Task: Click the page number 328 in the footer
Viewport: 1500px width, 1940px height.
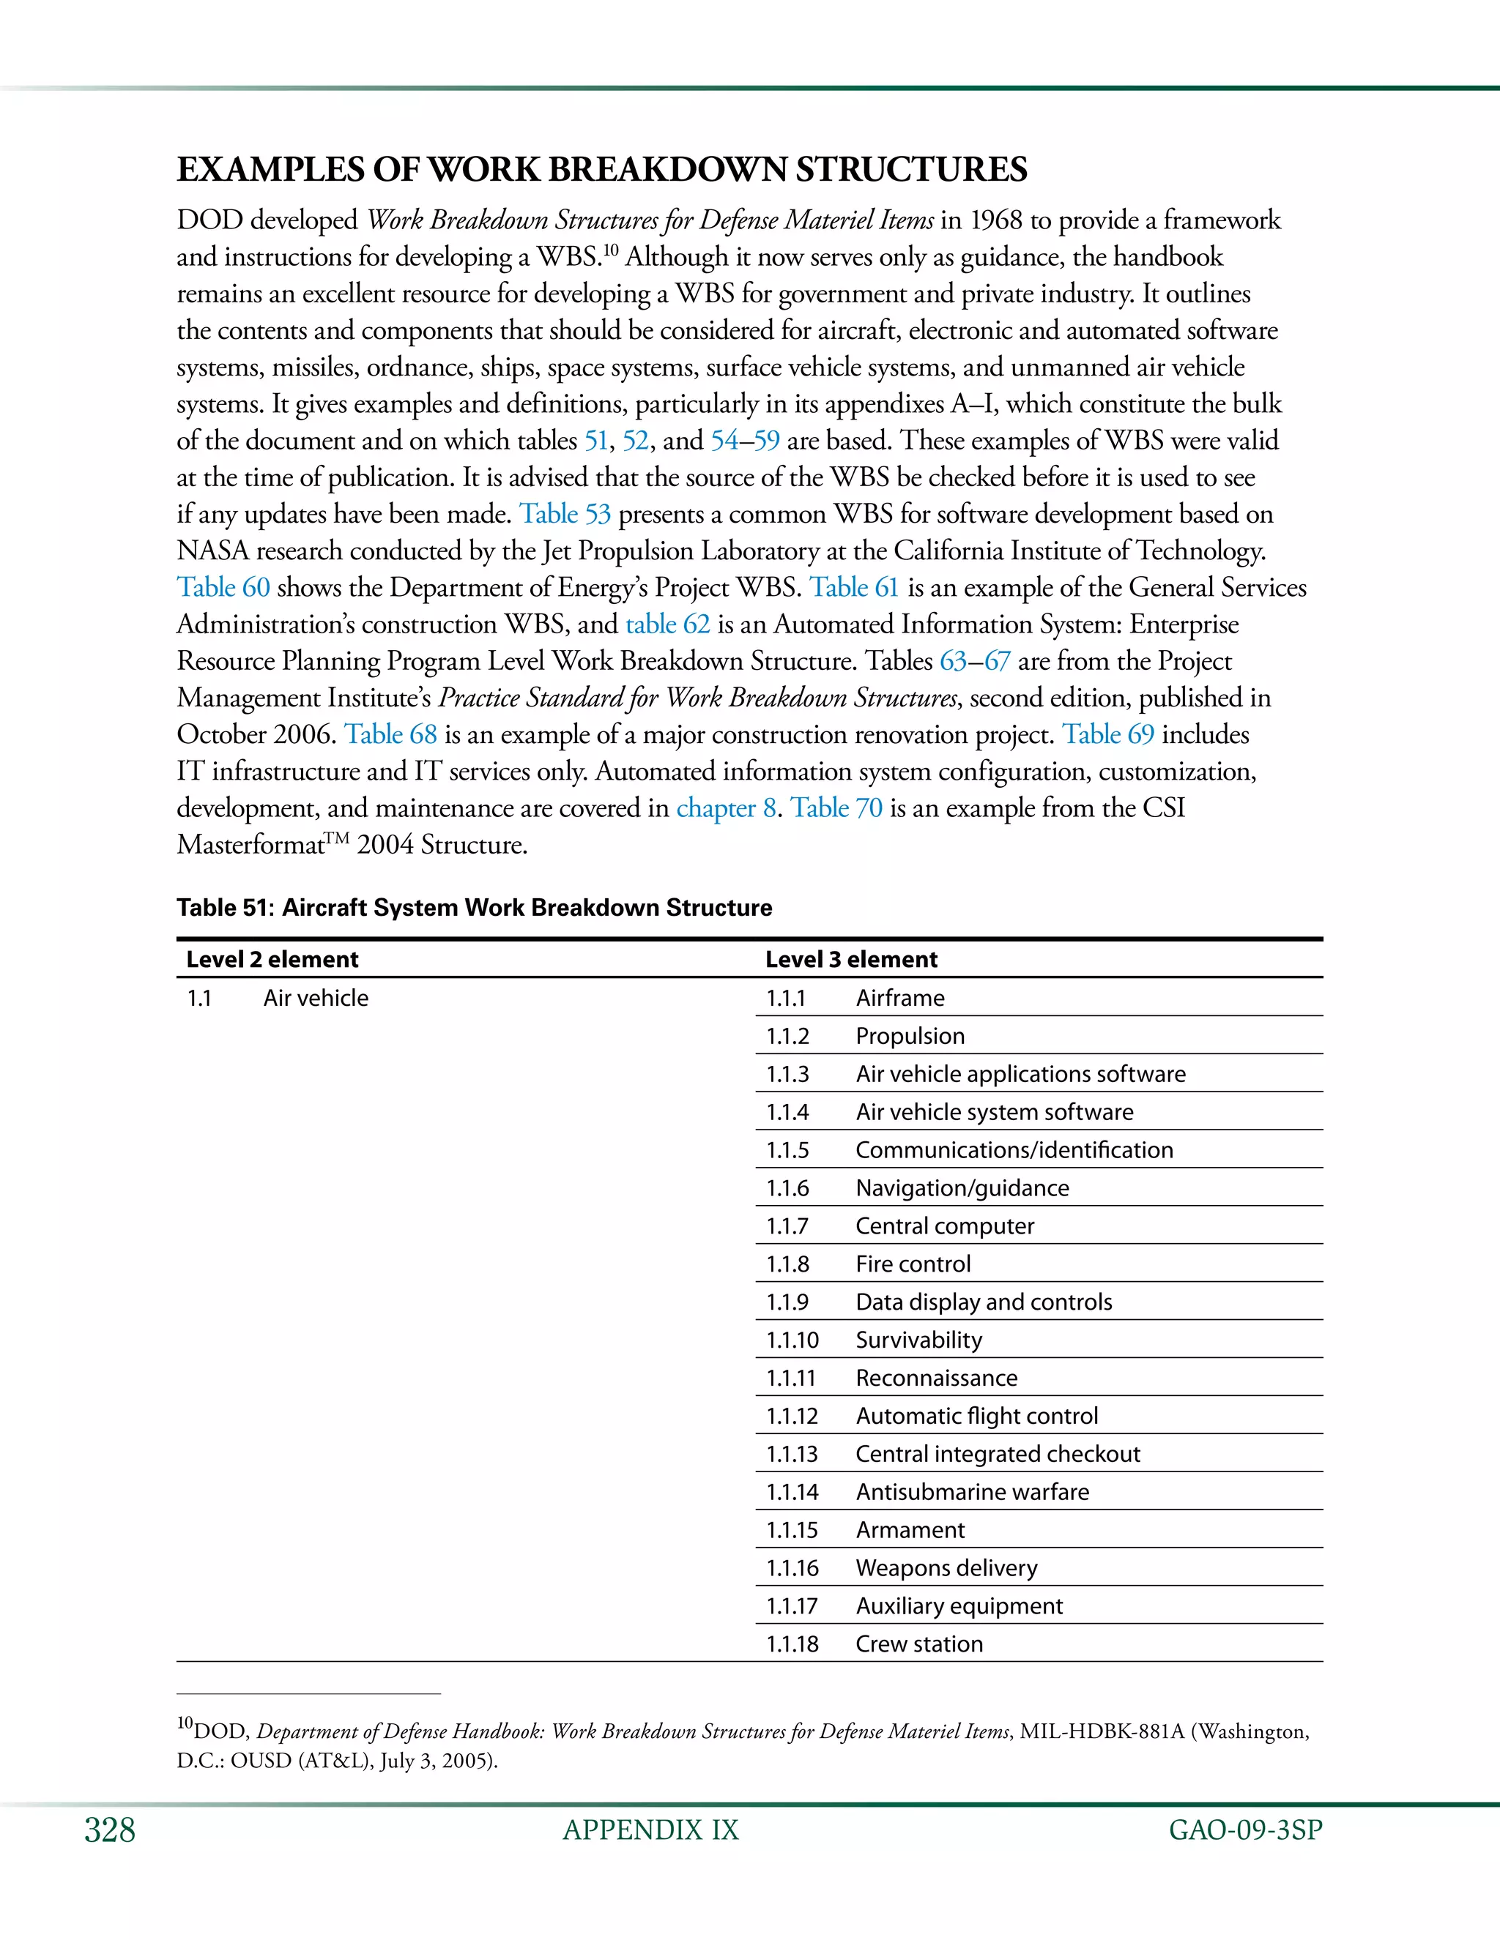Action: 109,1830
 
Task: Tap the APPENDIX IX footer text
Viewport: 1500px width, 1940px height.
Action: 650,1830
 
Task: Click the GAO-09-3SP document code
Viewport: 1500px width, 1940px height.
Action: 1245,1830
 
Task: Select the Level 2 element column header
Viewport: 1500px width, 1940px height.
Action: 272,959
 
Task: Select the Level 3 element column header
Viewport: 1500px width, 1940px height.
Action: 850,959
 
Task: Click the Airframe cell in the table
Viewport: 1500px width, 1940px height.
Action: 899,998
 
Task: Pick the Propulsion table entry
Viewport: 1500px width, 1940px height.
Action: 909,1036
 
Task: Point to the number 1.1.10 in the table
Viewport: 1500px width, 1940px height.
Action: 792,1340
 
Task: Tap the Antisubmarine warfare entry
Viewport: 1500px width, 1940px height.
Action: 971,1491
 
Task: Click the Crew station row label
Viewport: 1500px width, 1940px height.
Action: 919,1644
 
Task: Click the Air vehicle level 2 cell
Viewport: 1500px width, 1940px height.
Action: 316,998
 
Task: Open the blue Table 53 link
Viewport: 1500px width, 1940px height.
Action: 565,515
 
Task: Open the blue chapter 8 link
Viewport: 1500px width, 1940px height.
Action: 726,808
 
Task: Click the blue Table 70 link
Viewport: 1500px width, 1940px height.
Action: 836,808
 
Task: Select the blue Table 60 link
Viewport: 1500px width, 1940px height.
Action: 223,588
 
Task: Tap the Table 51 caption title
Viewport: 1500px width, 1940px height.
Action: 474,908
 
